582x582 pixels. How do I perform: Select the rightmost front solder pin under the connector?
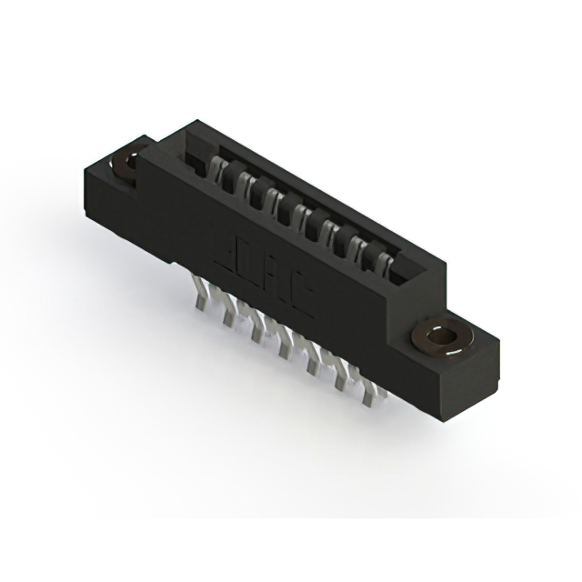point(369,395)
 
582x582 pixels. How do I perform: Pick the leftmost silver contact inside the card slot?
point(216,171)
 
